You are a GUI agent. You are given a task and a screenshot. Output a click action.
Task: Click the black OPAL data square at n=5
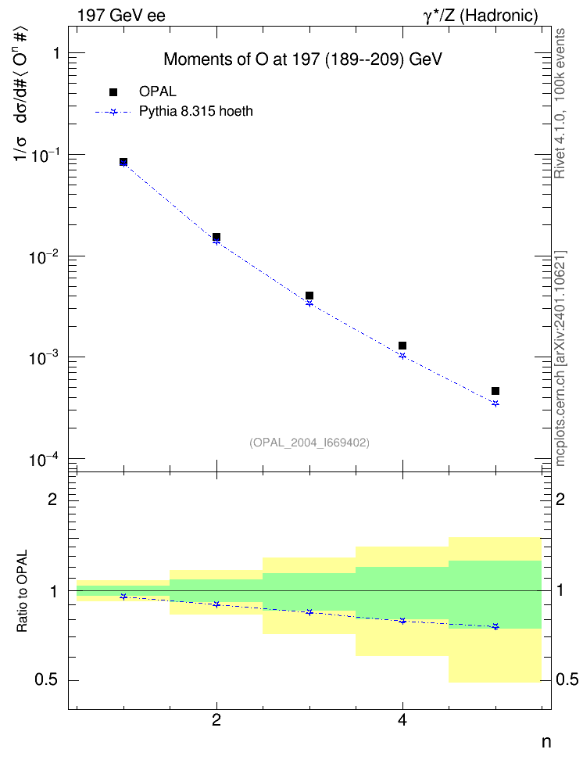coord(495,391)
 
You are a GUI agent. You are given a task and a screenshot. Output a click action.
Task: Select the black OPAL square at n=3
coord(309,296)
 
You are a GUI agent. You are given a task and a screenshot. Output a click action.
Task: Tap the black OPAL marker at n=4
coord(402,346)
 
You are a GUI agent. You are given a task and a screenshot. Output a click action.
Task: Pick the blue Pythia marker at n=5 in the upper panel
coord(495,403)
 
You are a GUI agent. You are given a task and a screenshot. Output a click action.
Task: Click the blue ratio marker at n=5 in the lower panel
coord(495,627)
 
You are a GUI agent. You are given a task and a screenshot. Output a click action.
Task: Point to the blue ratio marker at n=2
coord(216,604)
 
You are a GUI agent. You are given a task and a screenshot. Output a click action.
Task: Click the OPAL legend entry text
coord(158,91)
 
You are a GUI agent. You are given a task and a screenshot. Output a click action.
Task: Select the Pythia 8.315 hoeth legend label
coord(196,112)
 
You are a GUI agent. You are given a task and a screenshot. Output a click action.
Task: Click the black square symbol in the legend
coord(113,92)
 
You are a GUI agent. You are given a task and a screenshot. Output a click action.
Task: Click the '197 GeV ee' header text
coord(121,16)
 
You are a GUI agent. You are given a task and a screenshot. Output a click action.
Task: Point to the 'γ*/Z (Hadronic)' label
coord(481,16)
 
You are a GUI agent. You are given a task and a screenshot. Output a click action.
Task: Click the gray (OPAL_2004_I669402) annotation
coord(309,443)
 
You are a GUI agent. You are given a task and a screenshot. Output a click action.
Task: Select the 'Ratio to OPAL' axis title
coord(22,591)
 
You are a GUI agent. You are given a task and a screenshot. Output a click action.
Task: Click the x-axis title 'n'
coord(546,741)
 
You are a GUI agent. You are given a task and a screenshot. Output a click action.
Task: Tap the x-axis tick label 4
coord(402,721)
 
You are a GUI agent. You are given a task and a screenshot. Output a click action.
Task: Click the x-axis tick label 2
coord(216,721)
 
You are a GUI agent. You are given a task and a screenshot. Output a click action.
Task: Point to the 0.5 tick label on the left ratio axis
coord(46,680)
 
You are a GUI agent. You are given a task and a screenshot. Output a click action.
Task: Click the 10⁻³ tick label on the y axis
coord(43,357)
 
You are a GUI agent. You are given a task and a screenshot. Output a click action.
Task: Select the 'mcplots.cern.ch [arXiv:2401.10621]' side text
coord(560,358)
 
